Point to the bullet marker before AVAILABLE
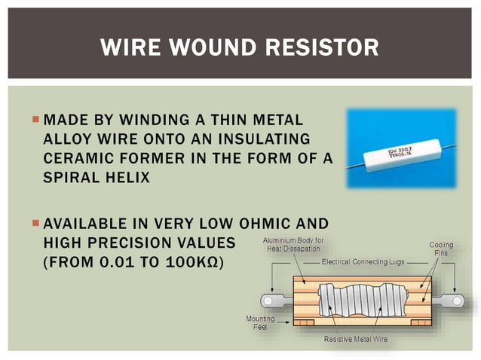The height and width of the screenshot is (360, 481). pyautogui.click(x=35, y=224)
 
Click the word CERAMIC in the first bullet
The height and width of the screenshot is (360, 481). pyautogui.click(x=75, y=160)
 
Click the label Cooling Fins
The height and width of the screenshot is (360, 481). pyautogui.click(x=441, y=250)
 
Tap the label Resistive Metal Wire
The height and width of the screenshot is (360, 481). pyautogui.click(x=355, y=340)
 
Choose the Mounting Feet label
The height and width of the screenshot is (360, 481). pyautogui.click(x=259, y=324)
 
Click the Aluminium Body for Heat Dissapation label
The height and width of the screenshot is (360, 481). pyautogui.click(x=291, y=244)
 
